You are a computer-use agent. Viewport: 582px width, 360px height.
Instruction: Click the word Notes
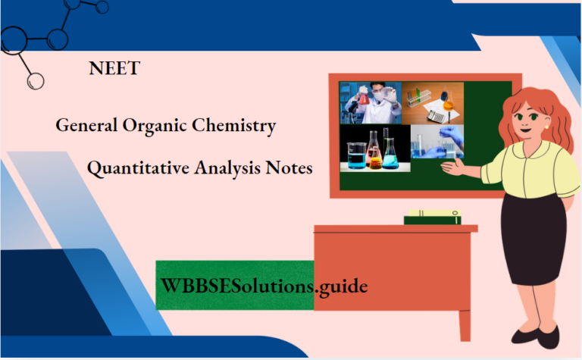pyautogui.click(x=289, y=168)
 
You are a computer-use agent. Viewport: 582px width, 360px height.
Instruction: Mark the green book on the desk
pyautogui.click(x=432, y=220)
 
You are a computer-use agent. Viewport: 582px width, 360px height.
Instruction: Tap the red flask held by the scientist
pyautogui.click(x=365, y=97)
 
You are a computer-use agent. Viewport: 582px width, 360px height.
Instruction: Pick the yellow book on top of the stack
pyautogui.click(x=432, y=213)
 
